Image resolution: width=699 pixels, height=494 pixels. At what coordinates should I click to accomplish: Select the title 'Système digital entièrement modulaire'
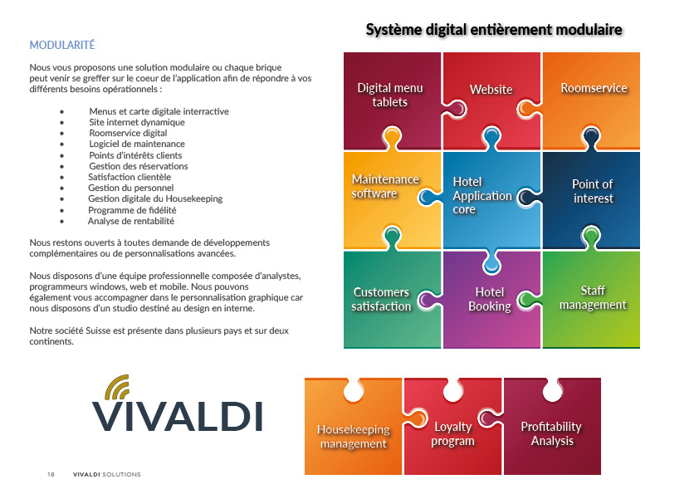point(494,31)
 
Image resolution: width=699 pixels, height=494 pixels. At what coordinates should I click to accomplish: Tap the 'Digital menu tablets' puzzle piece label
point(390,95)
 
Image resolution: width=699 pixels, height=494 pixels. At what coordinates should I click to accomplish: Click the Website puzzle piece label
point(491,90)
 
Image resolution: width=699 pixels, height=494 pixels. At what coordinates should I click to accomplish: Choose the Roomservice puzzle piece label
point(594,88)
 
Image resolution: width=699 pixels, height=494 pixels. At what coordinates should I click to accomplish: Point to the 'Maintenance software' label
point(385,186)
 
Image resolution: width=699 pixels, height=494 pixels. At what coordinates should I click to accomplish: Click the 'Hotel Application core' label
point(481,195)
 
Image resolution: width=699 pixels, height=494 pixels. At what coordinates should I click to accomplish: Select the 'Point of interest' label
point(593,191)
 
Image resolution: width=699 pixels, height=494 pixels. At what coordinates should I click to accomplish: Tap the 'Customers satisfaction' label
point(381,299)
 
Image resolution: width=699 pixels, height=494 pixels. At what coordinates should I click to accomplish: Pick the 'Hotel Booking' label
point(490,299)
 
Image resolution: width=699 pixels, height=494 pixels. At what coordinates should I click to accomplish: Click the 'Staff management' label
point(593,297)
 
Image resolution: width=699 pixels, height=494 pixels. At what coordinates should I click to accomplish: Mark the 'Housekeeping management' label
point(354,437)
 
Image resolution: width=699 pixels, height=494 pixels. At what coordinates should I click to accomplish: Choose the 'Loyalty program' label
point(452,433)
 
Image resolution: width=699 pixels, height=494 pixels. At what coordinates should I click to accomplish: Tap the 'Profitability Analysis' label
point(551,433)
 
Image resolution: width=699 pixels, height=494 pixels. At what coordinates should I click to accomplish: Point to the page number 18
point(51,475)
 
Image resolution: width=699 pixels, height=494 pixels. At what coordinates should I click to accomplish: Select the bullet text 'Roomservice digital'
point(128,133)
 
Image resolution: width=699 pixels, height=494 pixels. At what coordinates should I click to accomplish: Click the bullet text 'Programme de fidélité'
point(132,210)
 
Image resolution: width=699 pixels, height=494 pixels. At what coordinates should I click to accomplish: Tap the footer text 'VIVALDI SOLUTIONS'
point(107,475)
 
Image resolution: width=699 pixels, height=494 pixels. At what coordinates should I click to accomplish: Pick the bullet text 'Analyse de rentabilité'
point(131,222)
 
